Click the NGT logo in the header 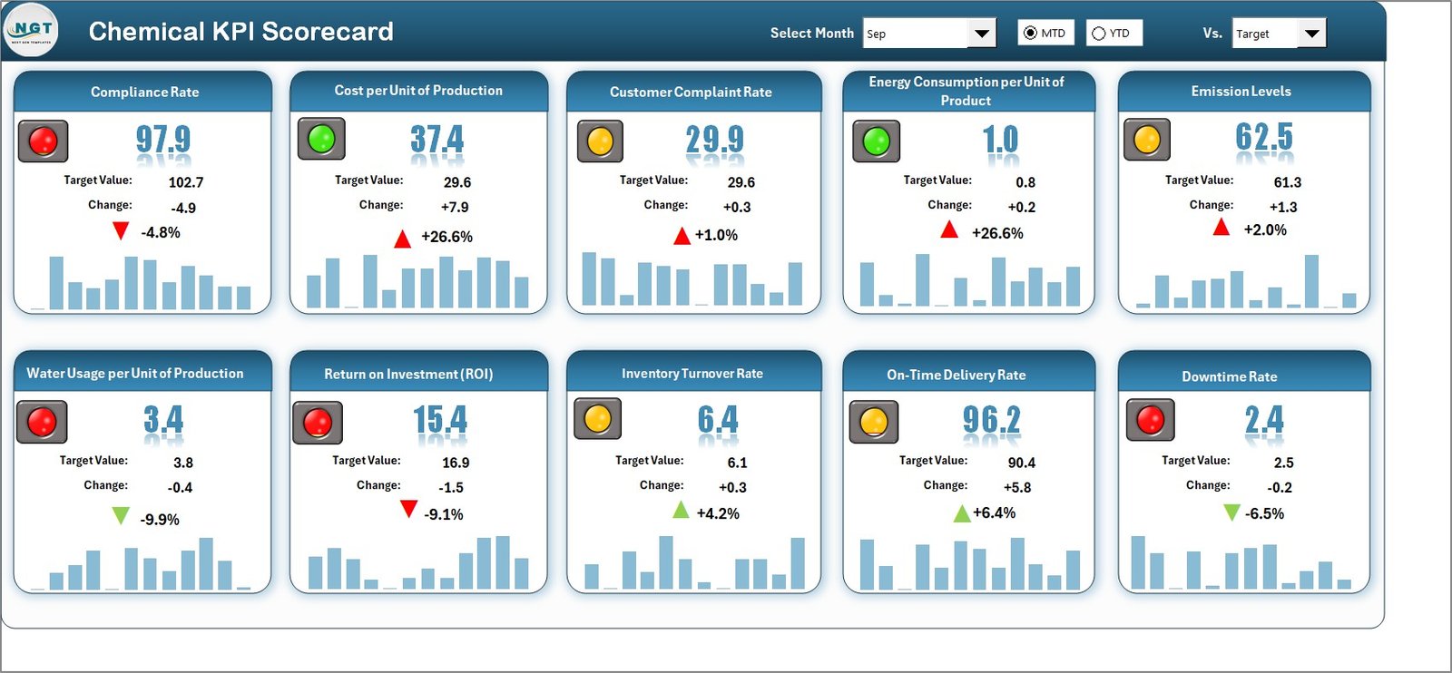pos(31,30)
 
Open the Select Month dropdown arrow pos(981,34)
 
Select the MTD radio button pos(1030,33)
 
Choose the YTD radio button pos(1099,34)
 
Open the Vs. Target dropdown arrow pos(1311,34)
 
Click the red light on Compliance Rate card pos(44,141)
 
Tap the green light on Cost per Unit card pos(321,139)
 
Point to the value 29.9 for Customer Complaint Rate pos(714,140)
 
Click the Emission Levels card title pos(1241,92)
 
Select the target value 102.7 pos(186,182)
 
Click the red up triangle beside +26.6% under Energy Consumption pos(949,229)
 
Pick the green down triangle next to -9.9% pos(121,516)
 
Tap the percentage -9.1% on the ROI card pos(444,514)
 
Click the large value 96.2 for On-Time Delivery pos(991,420)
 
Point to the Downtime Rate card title pos(1229,376)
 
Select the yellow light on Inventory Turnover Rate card pos(597,418)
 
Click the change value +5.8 pos(1017,487)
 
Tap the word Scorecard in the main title pos(328,32)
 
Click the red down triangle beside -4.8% pos(121,230)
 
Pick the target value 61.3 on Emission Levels pos(1287,182)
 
